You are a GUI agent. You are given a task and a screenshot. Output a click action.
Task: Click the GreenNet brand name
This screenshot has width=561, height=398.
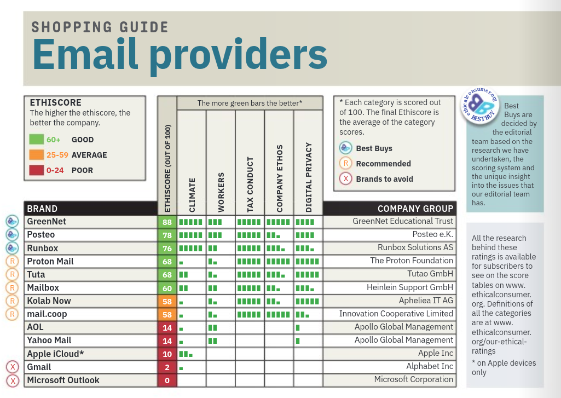pos(47,222)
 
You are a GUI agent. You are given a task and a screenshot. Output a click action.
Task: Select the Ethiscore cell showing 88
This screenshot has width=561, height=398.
pos(167,222)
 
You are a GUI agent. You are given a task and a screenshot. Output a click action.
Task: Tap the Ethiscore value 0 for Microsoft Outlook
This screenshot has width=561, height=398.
pos(167,380)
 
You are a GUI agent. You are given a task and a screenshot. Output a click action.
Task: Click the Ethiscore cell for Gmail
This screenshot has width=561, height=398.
pos(167,367)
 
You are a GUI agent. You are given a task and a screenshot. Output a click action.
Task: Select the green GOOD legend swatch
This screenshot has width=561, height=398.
pos(37,140)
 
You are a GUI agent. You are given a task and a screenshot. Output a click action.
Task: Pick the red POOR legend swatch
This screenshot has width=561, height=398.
pos(37,170)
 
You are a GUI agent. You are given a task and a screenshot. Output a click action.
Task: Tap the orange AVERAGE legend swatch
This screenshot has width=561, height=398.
pos(37,155)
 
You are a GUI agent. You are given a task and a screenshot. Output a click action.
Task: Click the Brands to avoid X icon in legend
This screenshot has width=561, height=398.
pos(345,179)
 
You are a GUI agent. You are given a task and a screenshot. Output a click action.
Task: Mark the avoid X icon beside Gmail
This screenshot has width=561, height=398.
pos(12,367)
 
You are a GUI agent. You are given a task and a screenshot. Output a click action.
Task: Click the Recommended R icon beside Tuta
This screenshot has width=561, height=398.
pos(12,274)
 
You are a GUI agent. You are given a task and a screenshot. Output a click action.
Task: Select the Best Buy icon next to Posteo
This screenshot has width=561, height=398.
pos(12,235)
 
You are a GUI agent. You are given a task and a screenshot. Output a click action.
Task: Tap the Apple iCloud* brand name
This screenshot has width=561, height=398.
pos(55,354)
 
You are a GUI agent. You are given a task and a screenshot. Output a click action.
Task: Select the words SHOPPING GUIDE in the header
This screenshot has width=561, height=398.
pos(100,27)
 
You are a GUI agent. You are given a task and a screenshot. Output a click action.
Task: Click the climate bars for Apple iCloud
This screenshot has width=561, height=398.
pos(187,354)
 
